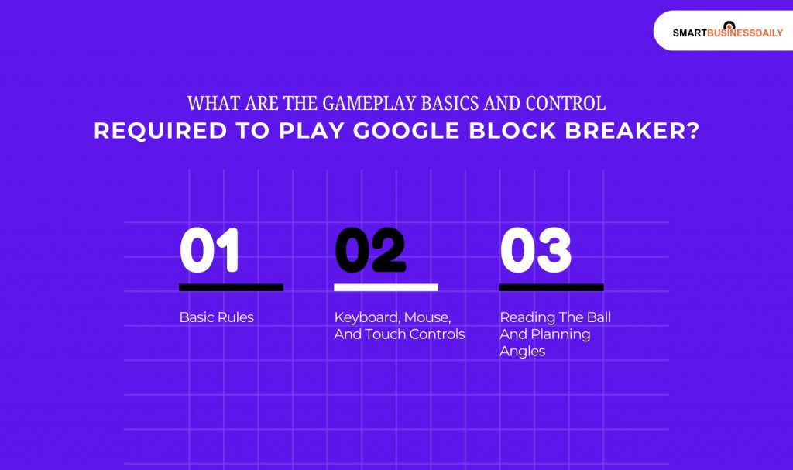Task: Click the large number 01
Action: (209, 251)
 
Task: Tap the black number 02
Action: (370, 251)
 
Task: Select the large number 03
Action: (536, 251)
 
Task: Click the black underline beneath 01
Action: (231, 287)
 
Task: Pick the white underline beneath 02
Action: (386, 287)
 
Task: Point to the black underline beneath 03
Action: (551, 287)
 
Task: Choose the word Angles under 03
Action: (522, 352)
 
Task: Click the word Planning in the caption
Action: (560, 334)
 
